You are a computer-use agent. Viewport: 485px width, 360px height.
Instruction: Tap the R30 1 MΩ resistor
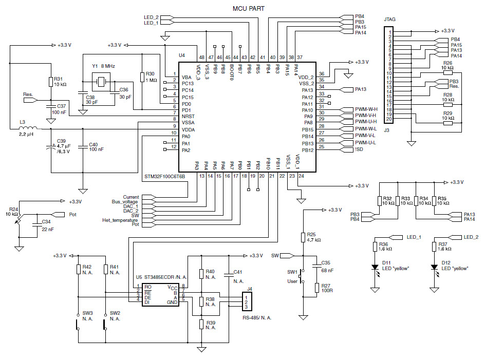142,77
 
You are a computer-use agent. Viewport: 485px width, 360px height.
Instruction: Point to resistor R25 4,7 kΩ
303,237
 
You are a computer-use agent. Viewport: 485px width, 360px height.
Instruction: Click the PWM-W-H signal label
366,109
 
